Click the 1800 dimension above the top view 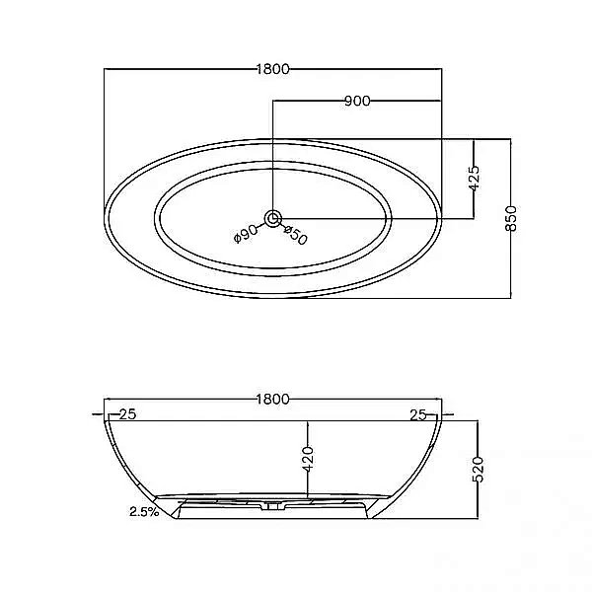272,69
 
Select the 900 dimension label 357,101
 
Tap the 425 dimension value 475,178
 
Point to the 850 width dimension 511,218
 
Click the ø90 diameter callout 246,234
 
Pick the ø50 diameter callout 296,235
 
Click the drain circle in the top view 272,219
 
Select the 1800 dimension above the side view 272,399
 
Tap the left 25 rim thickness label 127,414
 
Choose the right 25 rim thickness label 418,415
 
